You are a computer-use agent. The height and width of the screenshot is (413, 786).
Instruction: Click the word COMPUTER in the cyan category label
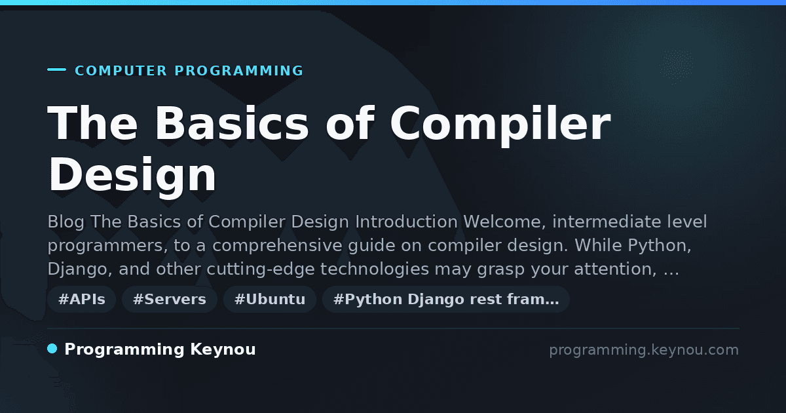point(121,71)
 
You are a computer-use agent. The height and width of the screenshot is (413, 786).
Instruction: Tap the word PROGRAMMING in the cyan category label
point(239,71)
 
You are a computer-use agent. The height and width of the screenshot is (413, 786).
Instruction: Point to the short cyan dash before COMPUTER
point(56,69)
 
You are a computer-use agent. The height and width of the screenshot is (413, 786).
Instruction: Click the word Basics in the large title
point(232,124)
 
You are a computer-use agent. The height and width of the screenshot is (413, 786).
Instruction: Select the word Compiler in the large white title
point(500,125)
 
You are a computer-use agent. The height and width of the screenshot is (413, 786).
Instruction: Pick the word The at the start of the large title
point(92,123)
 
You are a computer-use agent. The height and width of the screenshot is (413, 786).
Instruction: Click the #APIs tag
point(82,299)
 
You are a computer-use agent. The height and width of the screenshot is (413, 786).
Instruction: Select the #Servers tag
point(170,299)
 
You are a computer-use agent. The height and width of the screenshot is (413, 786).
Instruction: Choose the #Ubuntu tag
point(270,299)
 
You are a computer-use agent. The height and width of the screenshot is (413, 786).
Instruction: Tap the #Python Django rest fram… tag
point(446,299)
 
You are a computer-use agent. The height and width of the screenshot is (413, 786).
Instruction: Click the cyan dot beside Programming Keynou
point(52,349)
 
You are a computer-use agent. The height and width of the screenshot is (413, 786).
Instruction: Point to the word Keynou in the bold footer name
point(223,350)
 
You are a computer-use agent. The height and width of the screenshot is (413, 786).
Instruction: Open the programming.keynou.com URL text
point(644,350)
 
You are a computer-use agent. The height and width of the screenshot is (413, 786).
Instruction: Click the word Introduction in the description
point(406,222)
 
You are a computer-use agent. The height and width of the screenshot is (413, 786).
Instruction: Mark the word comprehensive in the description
point(277,246)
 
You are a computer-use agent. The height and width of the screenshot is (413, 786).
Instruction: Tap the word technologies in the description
point(375,269)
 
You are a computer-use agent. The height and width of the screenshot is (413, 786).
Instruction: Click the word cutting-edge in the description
point(261,269)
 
